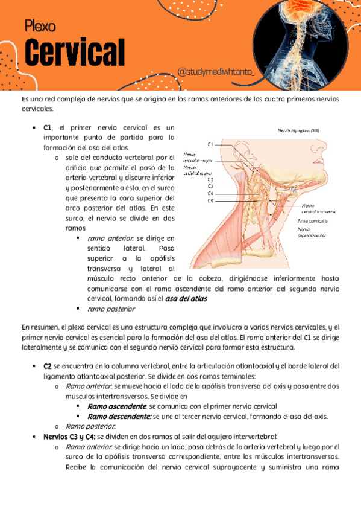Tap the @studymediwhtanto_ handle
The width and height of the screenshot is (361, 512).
(x=216, y=72)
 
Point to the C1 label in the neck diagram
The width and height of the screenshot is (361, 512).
(x=210, y=144)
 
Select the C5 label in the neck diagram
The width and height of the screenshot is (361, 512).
(x=210, y=200)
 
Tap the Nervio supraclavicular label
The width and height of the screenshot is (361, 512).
(x=312, y=232)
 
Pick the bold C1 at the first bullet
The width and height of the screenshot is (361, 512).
(x=48, y=128)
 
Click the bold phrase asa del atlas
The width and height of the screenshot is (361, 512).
(x=186, y=298)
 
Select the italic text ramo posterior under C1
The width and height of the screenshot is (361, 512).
(x=111, y=309)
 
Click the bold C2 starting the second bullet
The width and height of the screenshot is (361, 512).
(x=48, y=366)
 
